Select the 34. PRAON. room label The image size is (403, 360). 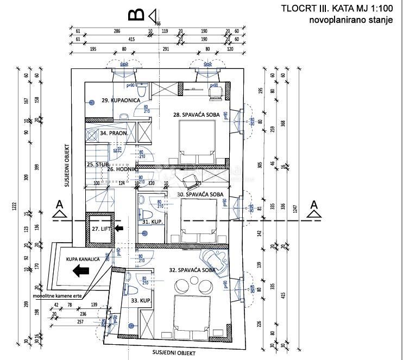[114, 132]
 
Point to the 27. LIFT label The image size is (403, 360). [102, 229]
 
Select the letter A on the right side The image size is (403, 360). [313, 204]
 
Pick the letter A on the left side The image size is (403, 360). [57, 204]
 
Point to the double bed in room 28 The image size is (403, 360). [198, 139]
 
